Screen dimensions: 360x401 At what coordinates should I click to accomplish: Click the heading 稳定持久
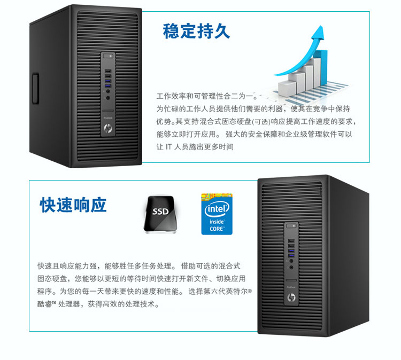tap(196, 31)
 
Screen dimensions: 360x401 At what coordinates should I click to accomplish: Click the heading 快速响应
tap(73, 205)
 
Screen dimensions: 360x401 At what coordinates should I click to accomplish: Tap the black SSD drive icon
tap(159, 213)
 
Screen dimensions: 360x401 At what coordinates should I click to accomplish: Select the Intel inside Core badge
tap(216, 214)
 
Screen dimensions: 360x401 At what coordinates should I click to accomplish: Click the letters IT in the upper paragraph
tap(169, 146)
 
